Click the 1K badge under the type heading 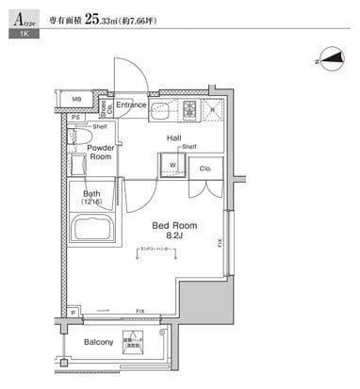18,34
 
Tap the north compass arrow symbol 328,59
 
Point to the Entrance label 131,105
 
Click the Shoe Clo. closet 110,106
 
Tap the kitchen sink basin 158,111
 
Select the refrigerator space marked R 213,109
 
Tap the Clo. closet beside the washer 204,168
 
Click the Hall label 174,138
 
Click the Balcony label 99,342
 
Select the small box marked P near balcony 74,312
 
